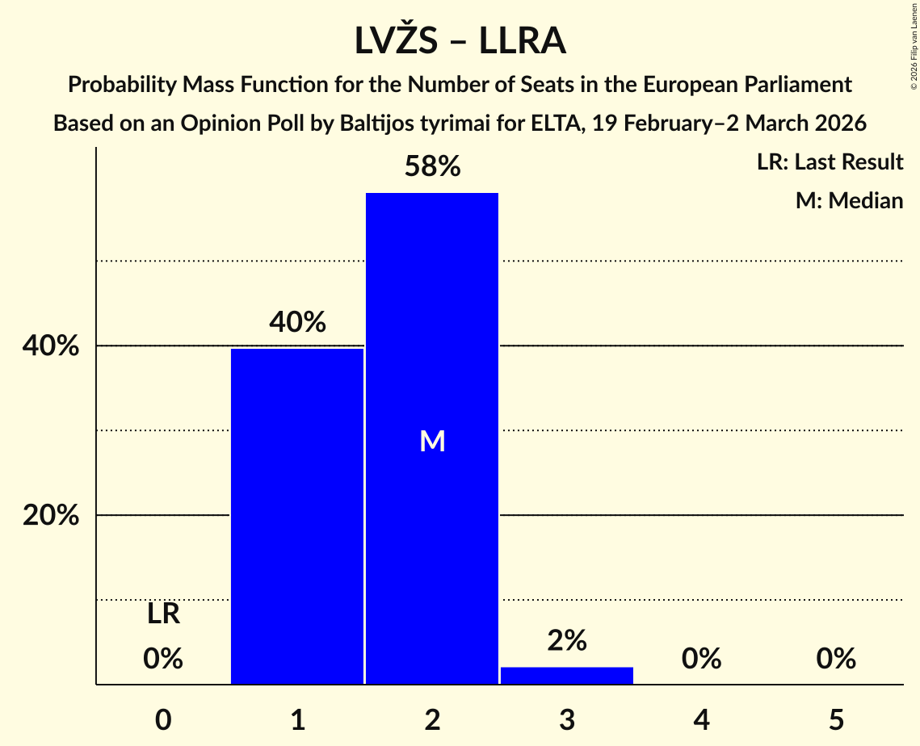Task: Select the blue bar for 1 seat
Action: tap(297, 517)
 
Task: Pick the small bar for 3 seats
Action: tap(567, 676)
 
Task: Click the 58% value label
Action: tap(432, 167)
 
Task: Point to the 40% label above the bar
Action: tap(297, 323)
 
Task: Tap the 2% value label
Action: tap(567, 641)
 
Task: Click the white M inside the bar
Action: tap(432, 441)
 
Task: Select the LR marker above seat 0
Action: tap(163, 614)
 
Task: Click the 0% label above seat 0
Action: tap(163, 660)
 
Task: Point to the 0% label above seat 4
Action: tap(701, 660)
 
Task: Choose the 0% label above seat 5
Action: tap(836, 660)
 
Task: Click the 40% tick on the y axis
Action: tap(51, 346)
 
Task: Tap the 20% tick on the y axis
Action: tap(51, 515)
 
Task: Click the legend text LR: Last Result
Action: tap(830, 162)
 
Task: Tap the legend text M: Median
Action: tap(849, 200)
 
